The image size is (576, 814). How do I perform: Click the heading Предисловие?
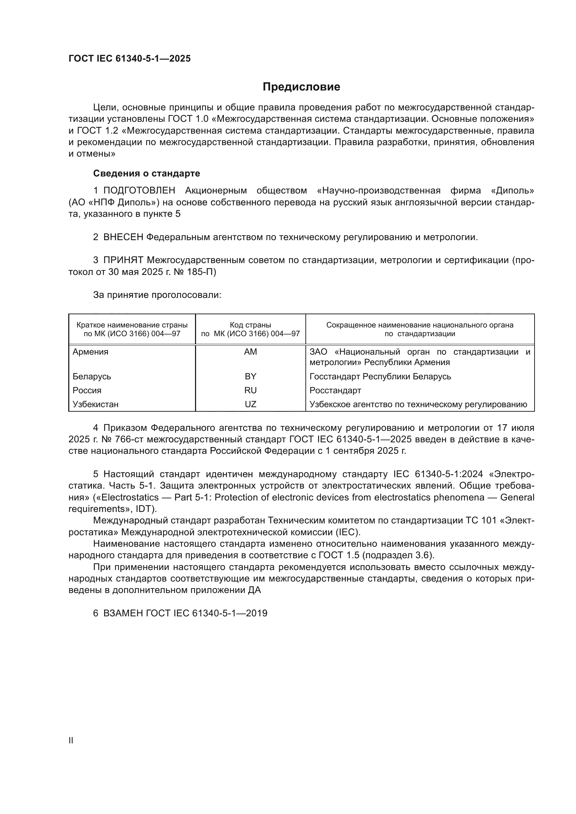click(x=301, y=87)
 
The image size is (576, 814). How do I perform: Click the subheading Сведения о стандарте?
click(x=147, y=173)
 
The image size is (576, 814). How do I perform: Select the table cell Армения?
click(x=91, y=352)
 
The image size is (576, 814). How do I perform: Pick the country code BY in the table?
click(x=250, y=376)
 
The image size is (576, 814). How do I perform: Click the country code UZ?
click(x=250, y=404)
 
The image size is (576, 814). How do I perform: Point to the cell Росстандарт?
click(x=335, y=390)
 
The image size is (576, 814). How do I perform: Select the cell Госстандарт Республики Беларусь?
click(x=380, y=376)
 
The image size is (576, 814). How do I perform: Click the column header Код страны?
click(x=250, y=325)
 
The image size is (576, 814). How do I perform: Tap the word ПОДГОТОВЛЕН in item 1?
click(x=139, y=191)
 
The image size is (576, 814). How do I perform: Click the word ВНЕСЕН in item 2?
click(x=123, y=237)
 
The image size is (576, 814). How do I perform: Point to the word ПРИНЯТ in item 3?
click(x=123, y=260)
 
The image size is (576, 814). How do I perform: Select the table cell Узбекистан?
click(x=95, y=404)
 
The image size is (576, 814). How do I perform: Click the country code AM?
click(x=250, y=352)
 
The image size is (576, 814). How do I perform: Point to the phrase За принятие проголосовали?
click(x=157, y=295)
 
